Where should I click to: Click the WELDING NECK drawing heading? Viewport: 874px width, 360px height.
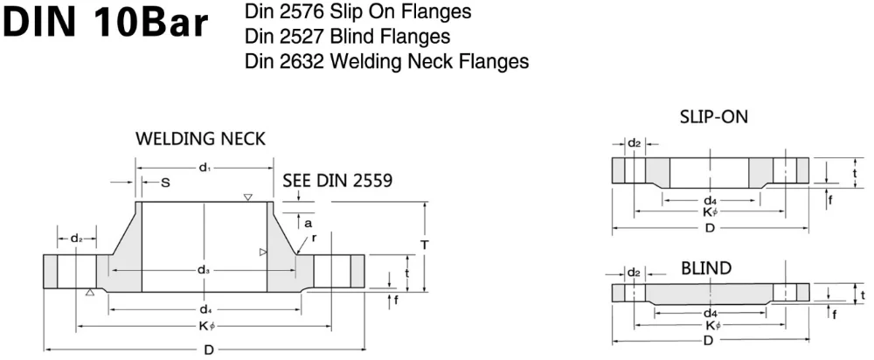[200, 139]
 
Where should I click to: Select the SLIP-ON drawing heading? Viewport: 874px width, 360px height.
[713, 116]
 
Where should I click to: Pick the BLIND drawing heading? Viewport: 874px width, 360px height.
[706, 267]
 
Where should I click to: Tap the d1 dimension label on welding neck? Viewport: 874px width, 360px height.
[205, 167]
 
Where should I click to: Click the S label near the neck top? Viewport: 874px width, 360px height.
[165, 182]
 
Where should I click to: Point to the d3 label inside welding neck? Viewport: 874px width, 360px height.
[204, 270]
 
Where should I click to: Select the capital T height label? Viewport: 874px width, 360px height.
[424, 246]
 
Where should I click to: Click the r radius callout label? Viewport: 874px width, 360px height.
[314, 237]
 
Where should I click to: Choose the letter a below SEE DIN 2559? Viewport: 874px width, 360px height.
[308, 223]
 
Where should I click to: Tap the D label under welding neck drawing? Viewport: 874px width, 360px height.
[209, 350]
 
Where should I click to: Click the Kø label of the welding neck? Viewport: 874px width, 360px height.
[205, 327]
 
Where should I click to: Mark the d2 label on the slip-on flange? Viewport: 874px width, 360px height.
[635, 142]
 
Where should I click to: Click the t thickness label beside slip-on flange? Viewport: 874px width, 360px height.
[854, 173]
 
